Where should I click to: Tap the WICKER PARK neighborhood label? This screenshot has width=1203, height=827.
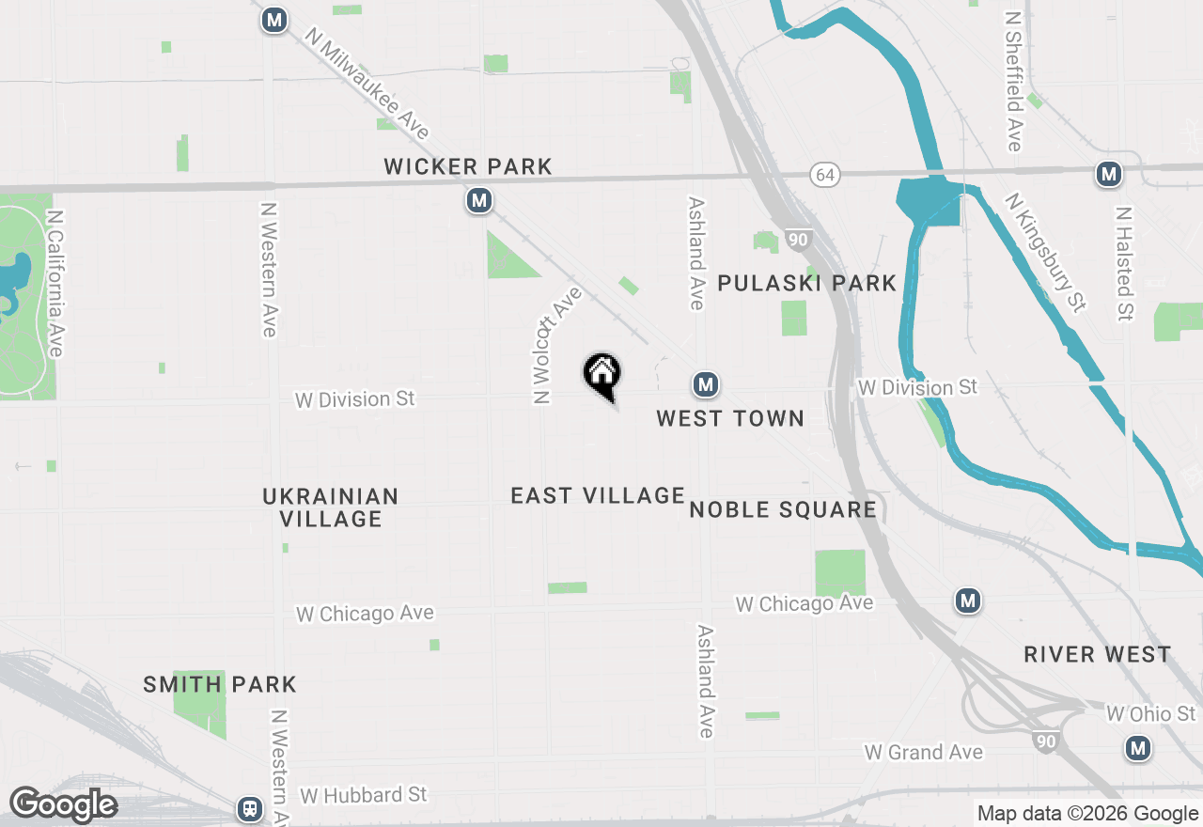[x=467, y=167]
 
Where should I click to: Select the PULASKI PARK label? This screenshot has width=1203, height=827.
[x=806, y=283]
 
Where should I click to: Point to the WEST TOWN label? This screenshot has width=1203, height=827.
[x=730, y=418]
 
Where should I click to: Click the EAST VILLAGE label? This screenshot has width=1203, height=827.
[x=598, y=495]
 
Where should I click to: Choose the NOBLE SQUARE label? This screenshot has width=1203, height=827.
[x=783, y=510]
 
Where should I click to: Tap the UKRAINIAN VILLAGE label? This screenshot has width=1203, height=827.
[x=331, y=507]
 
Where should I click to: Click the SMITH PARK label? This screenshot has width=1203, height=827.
[x=220, y=685]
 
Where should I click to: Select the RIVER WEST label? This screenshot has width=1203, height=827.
[x=1098, y=655]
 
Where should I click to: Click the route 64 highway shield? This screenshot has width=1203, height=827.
[x=825, y=175]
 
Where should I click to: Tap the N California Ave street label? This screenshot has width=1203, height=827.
[x=55, y=282]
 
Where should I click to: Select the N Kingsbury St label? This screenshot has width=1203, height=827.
[x=1045, y=251]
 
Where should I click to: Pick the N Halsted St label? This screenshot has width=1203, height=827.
[x=1123, y=263]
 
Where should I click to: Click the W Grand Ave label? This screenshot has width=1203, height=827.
[x=923, y=752]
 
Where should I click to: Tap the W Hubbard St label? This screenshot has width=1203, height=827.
[x=364, y=795]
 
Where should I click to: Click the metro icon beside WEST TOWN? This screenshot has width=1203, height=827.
[x=706, y=383]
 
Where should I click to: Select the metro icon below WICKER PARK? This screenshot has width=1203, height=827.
[x=479, y=200]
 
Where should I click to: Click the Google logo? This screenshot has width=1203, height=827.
[x=63, y=805]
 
